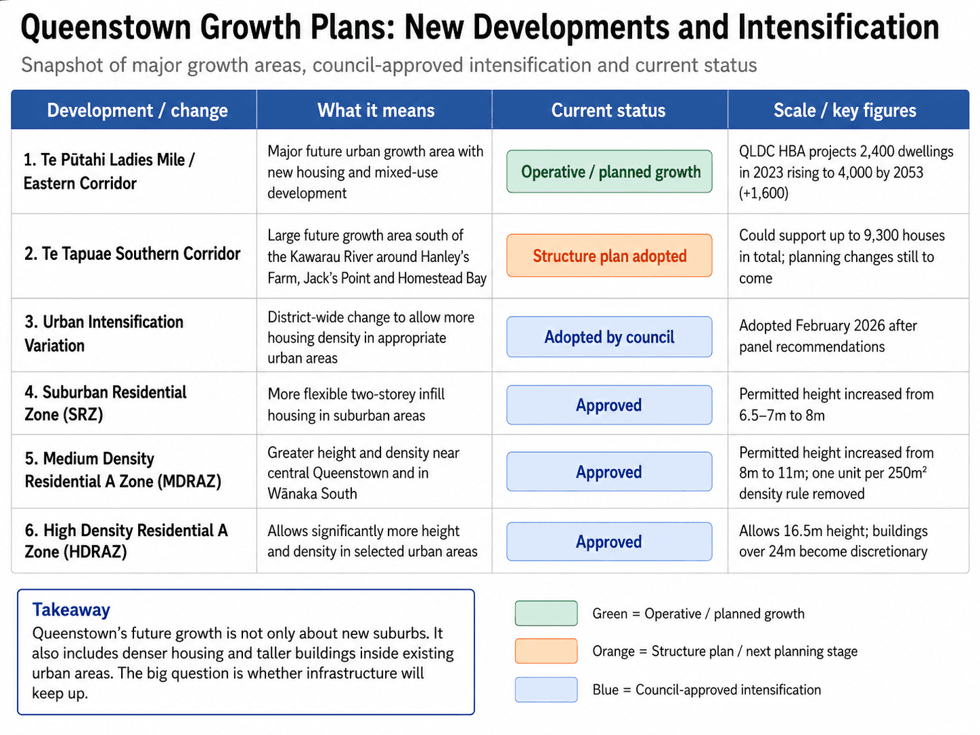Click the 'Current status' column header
pos(608,110)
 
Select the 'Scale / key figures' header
pos(845,110)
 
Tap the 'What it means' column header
pos(376,110)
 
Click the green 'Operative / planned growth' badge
pos(609,171)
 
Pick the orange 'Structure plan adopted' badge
pos(609,256)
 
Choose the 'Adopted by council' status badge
pos(609,337)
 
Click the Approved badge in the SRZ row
pos(609,405)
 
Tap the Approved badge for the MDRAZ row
pos(609,472)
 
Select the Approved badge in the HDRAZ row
pos(609,541)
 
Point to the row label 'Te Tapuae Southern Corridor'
pos(132,254)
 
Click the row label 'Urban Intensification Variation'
pos(104,334)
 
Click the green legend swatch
pos(546,613)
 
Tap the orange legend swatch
pos(546,651)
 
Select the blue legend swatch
pos(546,690)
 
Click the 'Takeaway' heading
pos(71,610)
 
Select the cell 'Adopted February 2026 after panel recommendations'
pos(828,336)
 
